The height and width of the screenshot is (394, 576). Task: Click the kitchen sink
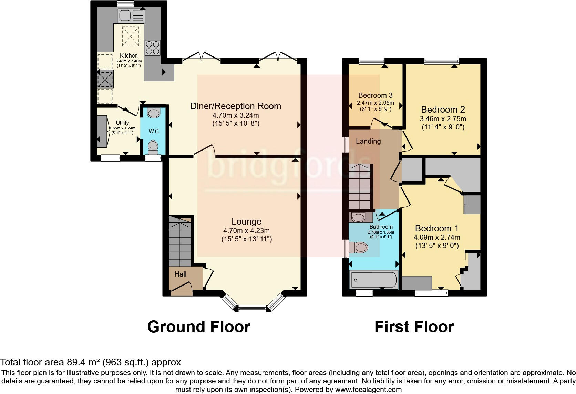click(x=131, y=15)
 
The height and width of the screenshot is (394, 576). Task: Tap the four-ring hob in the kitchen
click(x=153, y=48)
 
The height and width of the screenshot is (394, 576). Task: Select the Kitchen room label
click(x=128, y=55)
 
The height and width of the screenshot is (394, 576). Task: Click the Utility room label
click(x=122, y=123)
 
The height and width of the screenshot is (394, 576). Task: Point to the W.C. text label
click(x=154, y=132)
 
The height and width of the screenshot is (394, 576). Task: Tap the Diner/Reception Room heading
click(x=236, y=106)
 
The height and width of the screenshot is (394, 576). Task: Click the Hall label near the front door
click(x=180, y=274)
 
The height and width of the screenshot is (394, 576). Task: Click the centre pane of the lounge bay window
click(x=252, y=309)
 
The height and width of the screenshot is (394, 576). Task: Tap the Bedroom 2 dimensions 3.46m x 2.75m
click(x=443, y=119)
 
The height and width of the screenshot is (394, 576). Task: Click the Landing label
click(x=368, y=141)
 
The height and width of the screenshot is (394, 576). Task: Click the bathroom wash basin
click(x=359, y=218)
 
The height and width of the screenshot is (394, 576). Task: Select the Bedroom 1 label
click(x=436, y=228)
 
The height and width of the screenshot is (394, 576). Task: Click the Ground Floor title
click(x=199, y=326)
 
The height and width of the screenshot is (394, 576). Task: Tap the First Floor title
click(x=414, y=326)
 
